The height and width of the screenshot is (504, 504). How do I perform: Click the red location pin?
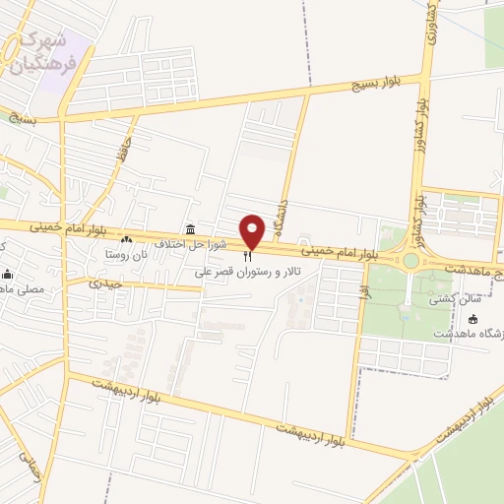253,230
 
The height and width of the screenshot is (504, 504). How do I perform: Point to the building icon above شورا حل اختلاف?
189,229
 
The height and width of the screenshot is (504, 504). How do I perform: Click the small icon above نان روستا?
126,239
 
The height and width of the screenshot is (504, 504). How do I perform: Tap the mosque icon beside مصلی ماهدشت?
8,274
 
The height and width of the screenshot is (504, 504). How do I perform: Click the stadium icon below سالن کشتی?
473,319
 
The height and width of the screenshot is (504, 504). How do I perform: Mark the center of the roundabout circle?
409,260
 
